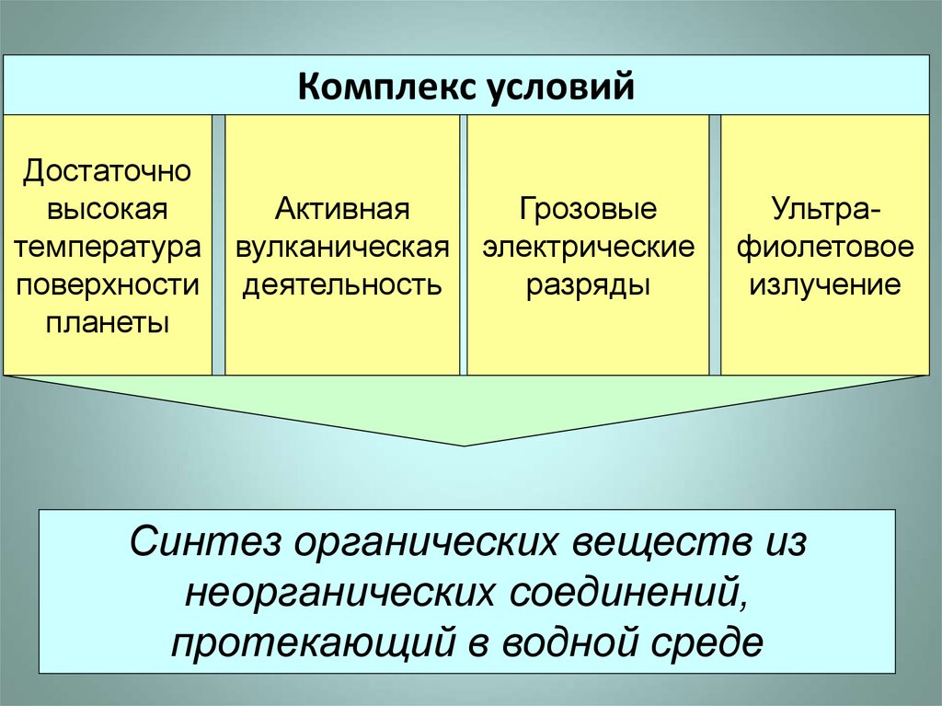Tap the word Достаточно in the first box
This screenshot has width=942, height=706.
[x=108, y=170]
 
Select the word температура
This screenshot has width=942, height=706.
[x=108, y=247]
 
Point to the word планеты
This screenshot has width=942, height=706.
[x=108, y=323]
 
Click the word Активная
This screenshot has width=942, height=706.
[x=342, y=209]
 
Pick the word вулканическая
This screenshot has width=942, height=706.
[x=342, y=247]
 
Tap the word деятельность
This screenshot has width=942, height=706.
[x=342, y=284]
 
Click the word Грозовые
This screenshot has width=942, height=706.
[x=589, y=209]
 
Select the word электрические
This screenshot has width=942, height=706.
[x=589, y=247]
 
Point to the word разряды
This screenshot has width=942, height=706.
[x=589, y=284]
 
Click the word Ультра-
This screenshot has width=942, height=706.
[x=824, y=209]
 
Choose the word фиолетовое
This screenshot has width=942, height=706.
[x=824, y=247]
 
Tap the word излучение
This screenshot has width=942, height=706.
[x=824, y=284]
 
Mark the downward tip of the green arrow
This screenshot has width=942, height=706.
[x=465, y=445]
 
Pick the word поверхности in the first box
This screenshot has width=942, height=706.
[x=108, y=284]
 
